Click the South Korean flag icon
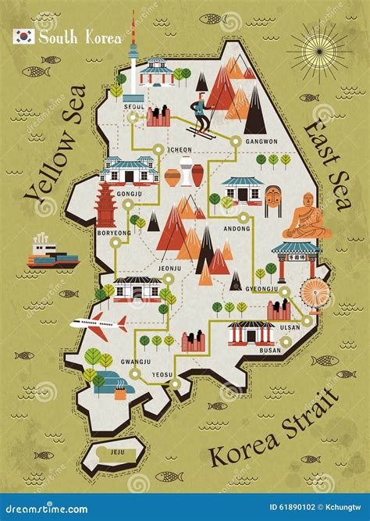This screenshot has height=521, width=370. point(24,37)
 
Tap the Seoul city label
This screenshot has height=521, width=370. point(133,106)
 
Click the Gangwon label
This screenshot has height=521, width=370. point(261,141)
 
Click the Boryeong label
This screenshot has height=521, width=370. point(114,232)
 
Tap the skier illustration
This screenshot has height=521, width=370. point(201,113)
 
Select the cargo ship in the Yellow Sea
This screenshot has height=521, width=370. point(52,252)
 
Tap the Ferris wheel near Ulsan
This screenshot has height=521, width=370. point(315,294)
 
